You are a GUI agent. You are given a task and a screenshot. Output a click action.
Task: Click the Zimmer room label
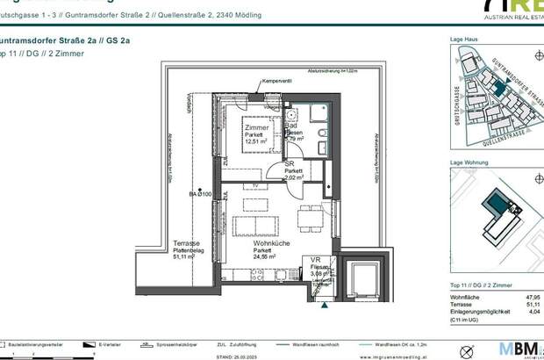pyautogui.click(x=257, y=128)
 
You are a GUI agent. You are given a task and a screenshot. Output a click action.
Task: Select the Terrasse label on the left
pyautogui.click(x=186, y=243)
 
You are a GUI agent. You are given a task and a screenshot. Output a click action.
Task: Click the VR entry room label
pyautogui.click(x=315, y=260)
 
